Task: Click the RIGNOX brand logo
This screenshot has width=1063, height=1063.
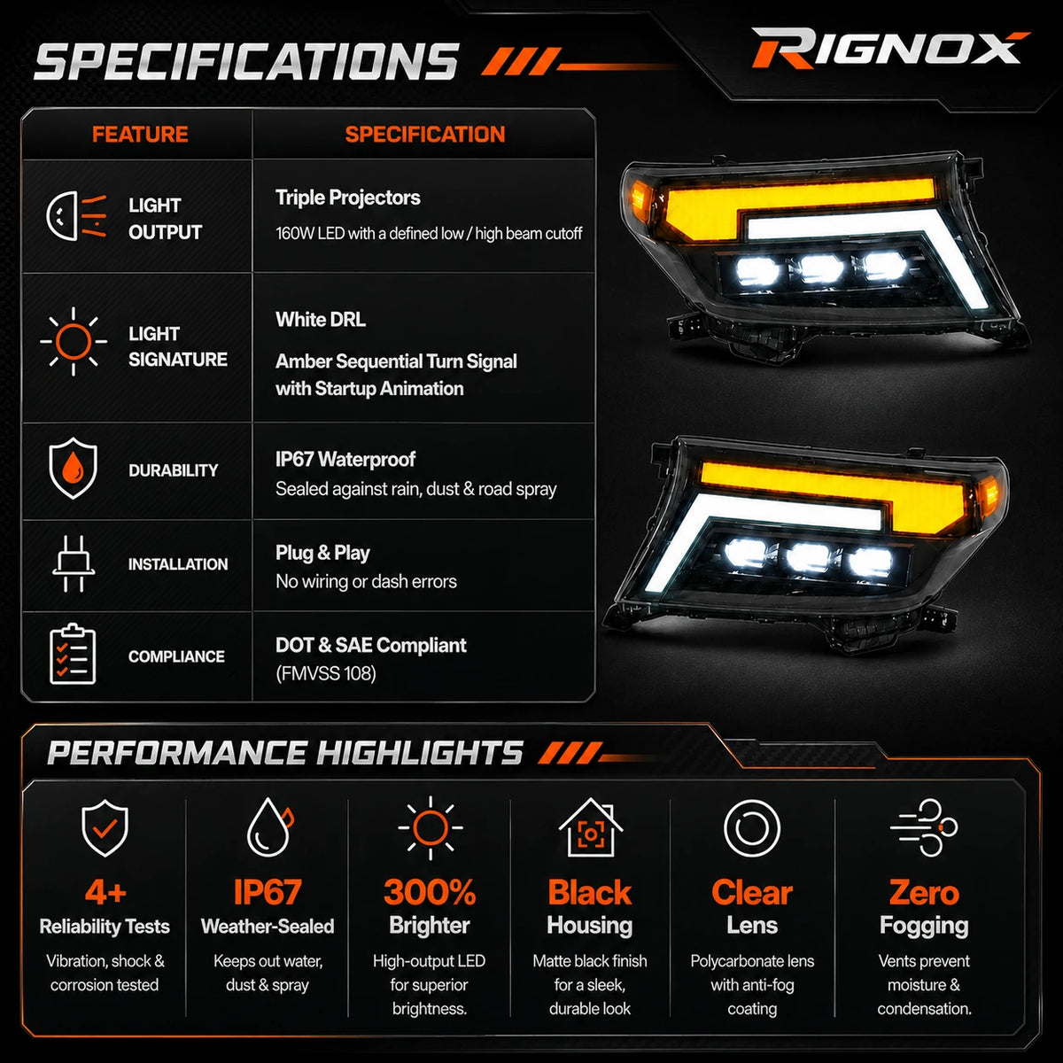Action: tap(889, 49)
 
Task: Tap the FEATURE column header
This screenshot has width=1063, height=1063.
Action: tap(140, 135)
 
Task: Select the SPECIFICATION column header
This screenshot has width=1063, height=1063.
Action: tap(425, 135)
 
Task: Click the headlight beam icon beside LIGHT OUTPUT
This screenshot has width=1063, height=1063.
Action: tap(77, 216)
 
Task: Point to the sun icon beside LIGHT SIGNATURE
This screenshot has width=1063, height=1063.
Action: tap(74, 341)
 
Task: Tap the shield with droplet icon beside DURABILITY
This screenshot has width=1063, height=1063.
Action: tap(73, 469)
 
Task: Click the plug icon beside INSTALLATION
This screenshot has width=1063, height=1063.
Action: tap(74, 563)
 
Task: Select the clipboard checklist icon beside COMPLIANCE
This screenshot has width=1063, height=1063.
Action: tap(73, 655)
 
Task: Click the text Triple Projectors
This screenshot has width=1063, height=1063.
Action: tap(347, 198)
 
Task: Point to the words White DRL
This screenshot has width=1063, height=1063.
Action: tap(321, 320)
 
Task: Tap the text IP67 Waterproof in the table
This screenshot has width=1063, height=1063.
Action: tap(345, 459)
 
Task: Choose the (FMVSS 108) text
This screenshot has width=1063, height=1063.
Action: tap(326, 673)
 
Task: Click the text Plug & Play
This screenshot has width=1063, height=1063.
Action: tap(322, 553)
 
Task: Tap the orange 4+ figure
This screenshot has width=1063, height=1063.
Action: tap(105, 891)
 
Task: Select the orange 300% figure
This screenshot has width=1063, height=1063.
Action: tap(430, 891)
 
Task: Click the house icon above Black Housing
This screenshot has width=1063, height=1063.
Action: tap(590, 826)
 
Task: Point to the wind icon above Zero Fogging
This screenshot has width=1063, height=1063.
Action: tap(924, 826)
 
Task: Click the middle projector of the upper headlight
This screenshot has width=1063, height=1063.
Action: tap(821, 268)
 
